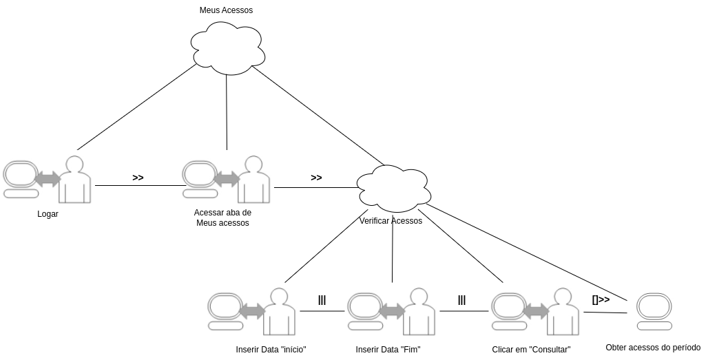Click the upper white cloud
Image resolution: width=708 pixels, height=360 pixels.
pos(228,48)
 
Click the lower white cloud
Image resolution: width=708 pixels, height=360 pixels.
pos(394,188)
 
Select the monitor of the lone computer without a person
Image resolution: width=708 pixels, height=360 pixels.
pos(653,305)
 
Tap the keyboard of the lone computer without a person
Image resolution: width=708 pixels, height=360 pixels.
pos(653,326)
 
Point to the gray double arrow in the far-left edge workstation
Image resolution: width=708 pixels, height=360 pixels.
pos(48,179)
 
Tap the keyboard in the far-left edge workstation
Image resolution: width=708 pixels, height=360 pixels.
pos(21,194)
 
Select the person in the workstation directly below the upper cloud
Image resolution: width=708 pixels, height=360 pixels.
pos(253,182)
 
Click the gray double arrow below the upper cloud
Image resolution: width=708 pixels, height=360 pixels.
pos(227,179)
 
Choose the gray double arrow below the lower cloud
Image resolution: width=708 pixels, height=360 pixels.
pos(392,310)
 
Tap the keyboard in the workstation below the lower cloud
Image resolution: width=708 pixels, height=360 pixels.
pos(365,326)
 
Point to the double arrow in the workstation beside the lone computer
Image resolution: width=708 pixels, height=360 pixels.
pos(535,310)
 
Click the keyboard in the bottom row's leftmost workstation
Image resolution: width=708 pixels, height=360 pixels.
pos(225,326)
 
